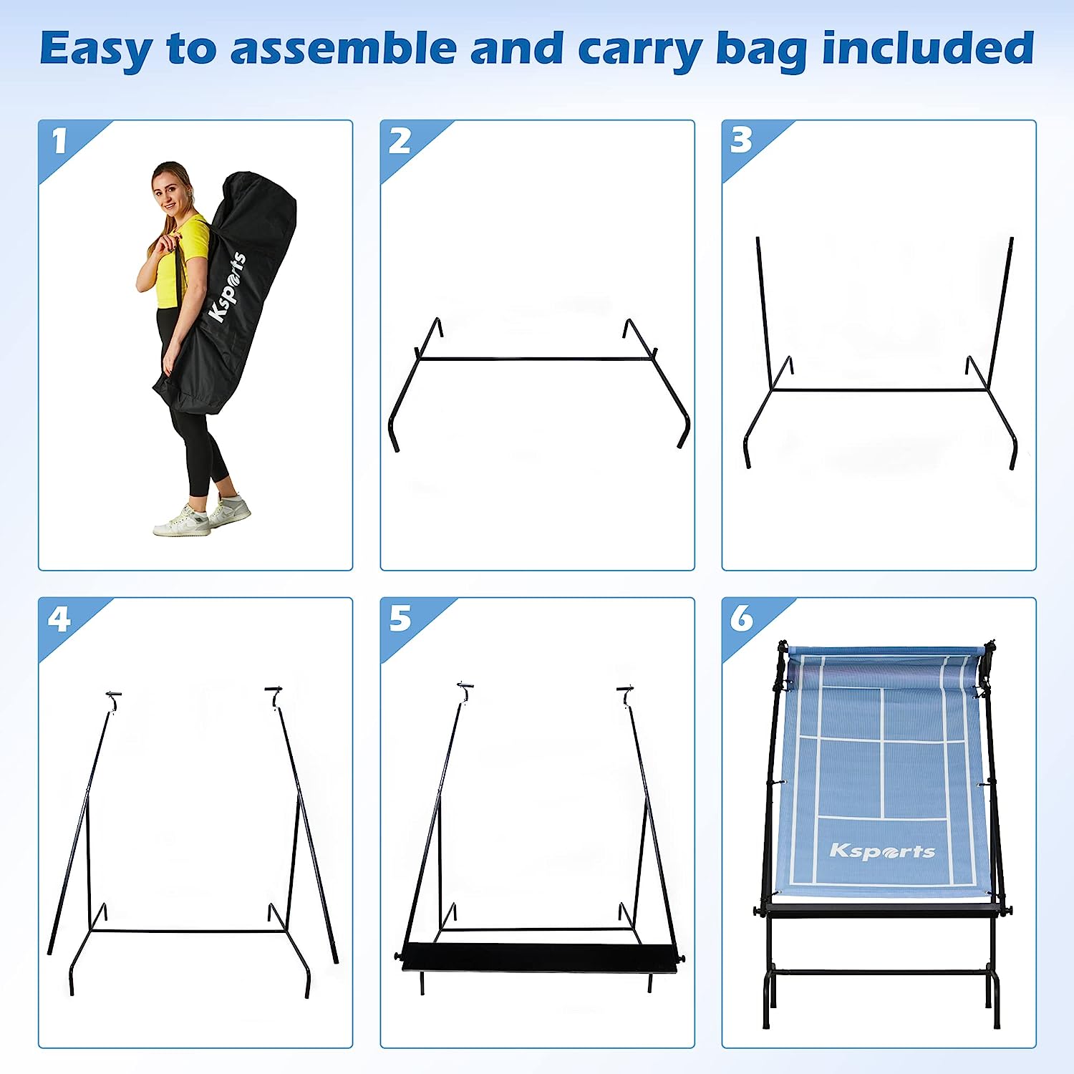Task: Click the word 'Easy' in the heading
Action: [x=95, y=49]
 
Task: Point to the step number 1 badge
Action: [x=59, y=141]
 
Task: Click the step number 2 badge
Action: [x=400, y=141]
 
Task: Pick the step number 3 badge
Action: [x=741, y=140]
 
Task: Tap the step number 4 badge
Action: [x=59, y=619]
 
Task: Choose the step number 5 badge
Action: [x=400, y=619]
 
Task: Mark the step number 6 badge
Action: [x=742, y=618]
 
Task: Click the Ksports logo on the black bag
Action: [x=227, y=287]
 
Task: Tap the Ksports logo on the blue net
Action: [x=882, y=851]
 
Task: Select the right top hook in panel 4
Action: [x=274, y=695]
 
